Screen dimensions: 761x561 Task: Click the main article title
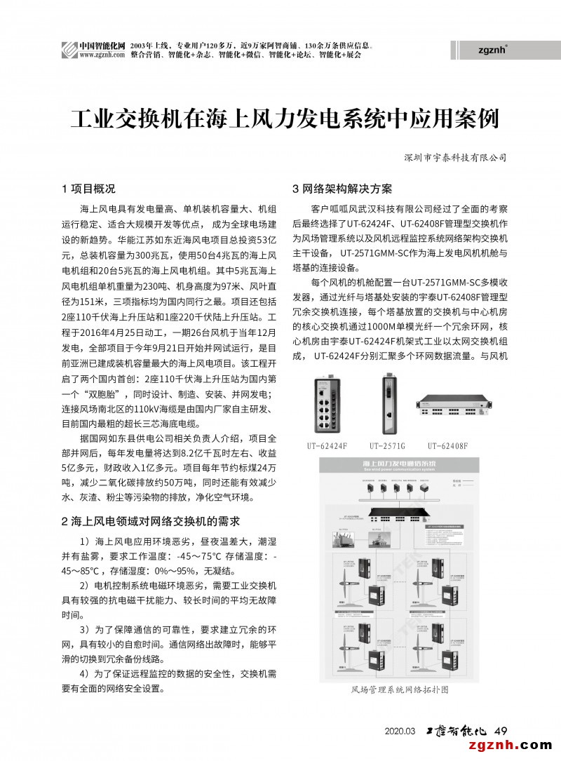pos(284,119)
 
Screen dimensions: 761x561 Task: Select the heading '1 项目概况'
pos(89,189)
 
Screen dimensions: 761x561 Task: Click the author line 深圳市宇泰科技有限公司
pos(455,158)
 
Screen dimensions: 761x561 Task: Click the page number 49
pos(501,730)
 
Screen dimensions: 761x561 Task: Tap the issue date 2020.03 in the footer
pos(400,731)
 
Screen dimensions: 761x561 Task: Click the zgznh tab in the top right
pos(492,50)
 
